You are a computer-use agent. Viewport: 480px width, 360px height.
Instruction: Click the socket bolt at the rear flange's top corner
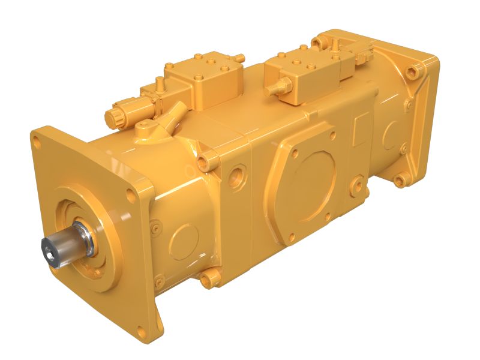pos(413,72)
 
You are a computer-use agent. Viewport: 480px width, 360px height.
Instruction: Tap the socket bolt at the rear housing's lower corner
pos(398,180)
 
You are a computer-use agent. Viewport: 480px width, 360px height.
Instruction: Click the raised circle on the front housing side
pos(183,241)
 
